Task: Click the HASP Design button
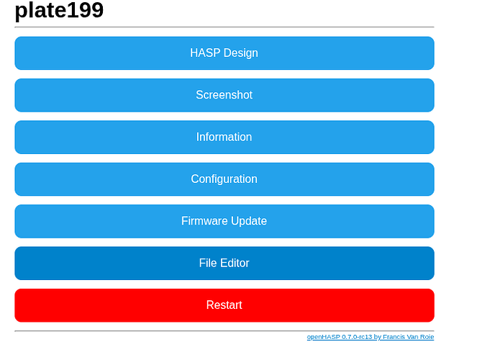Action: (x=224, y=53)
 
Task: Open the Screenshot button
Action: (x=224, y=95)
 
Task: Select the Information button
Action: (x=224, y=138)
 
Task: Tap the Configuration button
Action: (x=224, y=179)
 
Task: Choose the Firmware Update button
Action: (x=224, y=221)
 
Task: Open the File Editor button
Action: (x=224, y=264)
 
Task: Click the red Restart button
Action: (x=224, y=305)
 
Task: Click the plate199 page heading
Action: (x=59, y=11)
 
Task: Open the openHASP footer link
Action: (x=371, y=337)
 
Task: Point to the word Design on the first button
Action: (x=240, y=53)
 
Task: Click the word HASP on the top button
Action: (x=205, y=53)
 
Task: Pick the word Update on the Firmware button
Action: (x=249, y=221)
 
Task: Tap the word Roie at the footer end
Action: (x=427, y=337)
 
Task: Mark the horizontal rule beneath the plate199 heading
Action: (x=224, y=27)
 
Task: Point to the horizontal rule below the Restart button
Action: (x=224, y=330)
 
